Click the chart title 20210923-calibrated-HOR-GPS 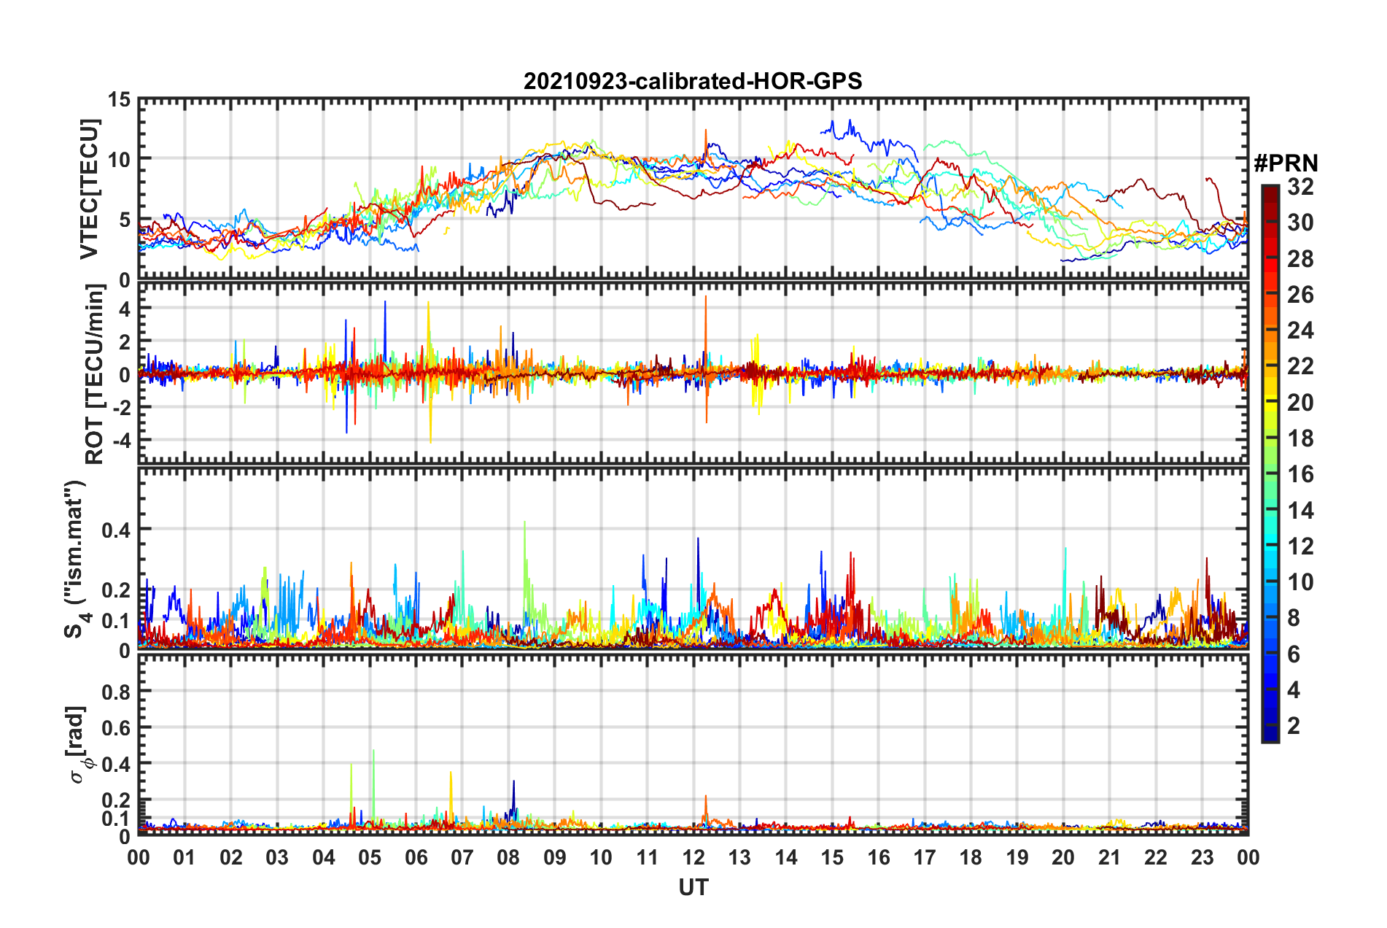(693, 81)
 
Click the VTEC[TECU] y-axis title (89, 190)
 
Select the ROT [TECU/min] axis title (95, 374)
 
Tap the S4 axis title (76, 558)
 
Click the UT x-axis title (693, 887)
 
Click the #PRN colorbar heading (1286, 163)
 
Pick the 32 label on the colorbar (1300, 187)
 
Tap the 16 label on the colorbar (1300, 474)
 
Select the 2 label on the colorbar (1294, 726)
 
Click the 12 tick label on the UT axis (693, 857)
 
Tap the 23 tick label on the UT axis (1202, 857)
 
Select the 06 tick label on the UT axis (416, 857)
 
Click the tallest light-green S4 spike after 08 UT (525, 522)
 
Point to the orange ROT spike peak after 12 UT (706, 297)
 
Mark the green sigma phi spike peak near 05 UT (373, 751)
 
